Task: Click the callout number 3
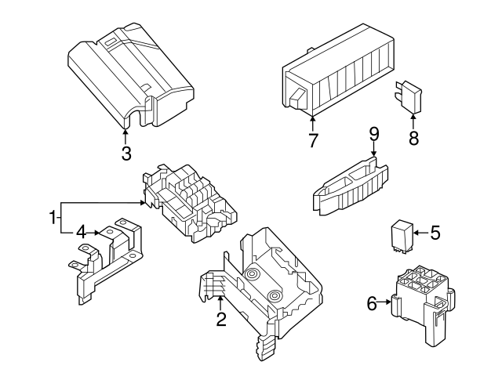point(126,154)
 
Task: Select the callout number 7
point(313,141)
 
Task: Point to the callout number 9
point(374,134)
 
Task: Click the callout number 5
point(435,233)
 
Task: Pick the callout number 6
point(371,302)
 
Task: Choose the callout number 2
point(221,319)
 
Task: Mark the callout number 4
point(81,232)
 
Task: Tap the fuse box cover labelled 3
point(131,78)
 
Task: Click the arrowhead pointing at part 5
point(417,233)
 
